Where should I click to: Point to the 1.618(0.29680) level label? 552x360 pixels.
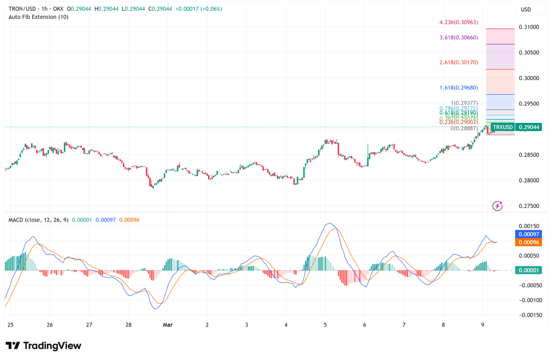point(462,87)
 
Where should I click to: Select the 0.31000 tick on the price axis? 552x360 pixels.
point(529,27)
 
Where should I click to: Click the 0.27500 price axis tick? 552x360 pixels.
point(529,206)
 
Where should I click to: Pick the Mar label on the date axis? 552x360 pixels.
point(167,325)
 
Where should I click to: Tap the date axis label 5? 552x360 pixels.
point(325,325)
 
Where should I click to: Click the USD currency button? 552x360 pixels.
point(526,9)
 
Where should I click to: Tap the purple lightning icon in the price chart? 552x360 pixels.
point(498,205)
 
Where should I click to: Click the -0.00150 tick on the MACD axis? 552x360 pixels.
point(530,314)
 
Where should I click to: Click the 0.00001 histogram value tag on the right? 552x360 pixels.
point(530,270)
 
